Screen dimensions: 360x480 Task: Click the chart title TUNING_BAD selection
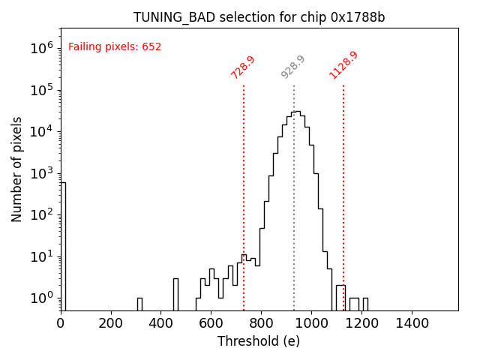point(259,17)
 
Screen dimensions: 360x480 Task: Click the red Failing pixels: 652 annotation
point(115,47)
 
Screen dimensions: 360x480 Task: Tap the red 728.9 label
point(243,67)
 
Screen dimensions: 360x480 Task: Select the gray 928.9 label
point(293,67)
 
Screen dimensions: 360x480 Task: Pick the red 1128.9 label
point(343,65)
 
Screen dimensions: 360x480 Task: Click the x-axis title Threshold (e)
point(259,341)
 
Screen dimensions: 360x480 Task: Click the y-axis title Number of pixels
point(17,169)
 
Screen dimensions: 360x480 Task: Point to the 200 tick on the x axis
point(111,323)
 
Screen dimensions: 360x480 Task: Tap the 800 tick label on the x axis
point(261,323)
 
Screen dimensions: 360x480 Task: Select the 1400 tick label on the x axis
point(412,323)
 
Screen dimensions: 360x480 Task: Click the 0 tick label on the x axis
point(61,323)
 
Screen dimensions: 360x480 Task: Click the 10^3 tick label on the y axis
point(41,173)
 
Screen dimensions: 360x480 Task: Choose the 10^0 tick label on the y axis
point(41,298)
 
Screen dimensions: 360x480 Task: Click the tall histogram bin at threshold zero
point(63,247)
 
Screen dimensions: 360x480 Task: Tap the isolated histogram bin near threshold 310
point(139,304)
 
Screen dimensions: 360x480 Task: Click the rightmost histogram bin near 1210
point(365,304)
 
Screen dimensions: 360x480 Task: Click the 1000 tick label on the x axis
point(311,323)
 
